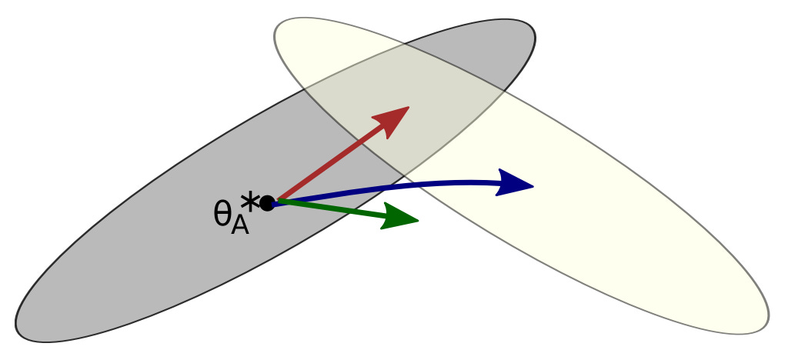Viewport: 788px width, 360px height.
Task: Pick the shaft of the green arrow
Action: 331,209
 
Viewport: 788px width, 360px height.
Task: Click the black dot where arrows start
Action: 267,203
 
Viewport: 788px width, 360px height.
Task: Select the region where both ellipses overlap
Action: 400,108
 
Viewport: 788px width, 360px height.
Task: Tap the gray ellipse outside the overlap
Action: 154,254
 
